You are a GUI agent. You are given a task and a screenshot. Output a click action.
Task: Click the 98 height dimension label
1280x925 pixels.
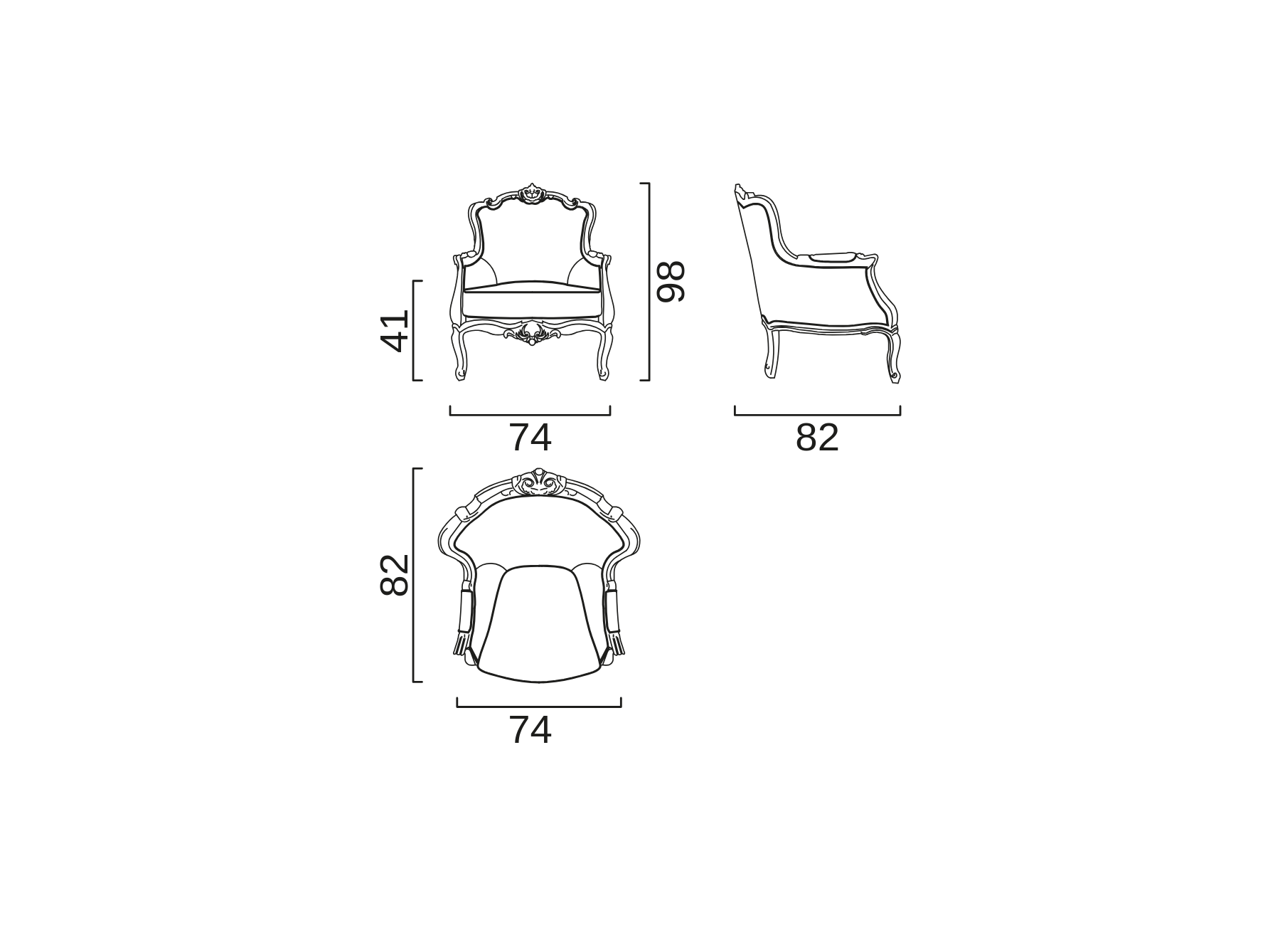(x=671, y=282)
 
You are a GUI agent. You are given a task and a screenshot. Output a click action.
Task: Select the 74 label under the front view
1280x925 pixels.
(x=530, y=438)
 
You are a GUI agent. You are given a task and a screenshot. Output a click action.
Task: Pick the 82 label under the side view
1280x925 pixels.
(x=817, y=438)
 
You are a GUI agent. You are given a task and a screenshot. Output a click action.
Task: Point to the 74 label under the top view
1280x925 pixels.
(x=530, y=730)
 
